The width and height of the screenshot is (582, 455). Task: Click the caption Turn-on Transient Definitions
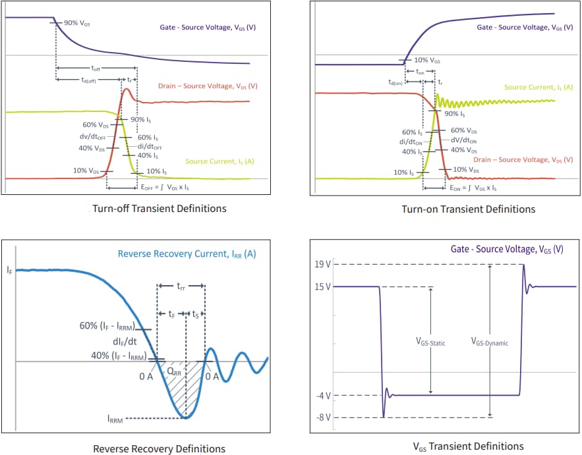click(469, 209)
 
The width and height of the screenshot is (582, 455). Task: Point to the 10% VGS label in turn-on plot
click(427, 60)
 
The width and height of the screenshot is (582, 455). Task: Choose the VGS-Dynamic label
click(489, 342)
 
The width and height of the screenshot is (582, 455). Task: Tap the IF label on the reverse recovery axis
click(9, 270)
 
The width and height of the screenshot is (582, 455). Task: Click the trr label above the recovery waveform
click(181, 286)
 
